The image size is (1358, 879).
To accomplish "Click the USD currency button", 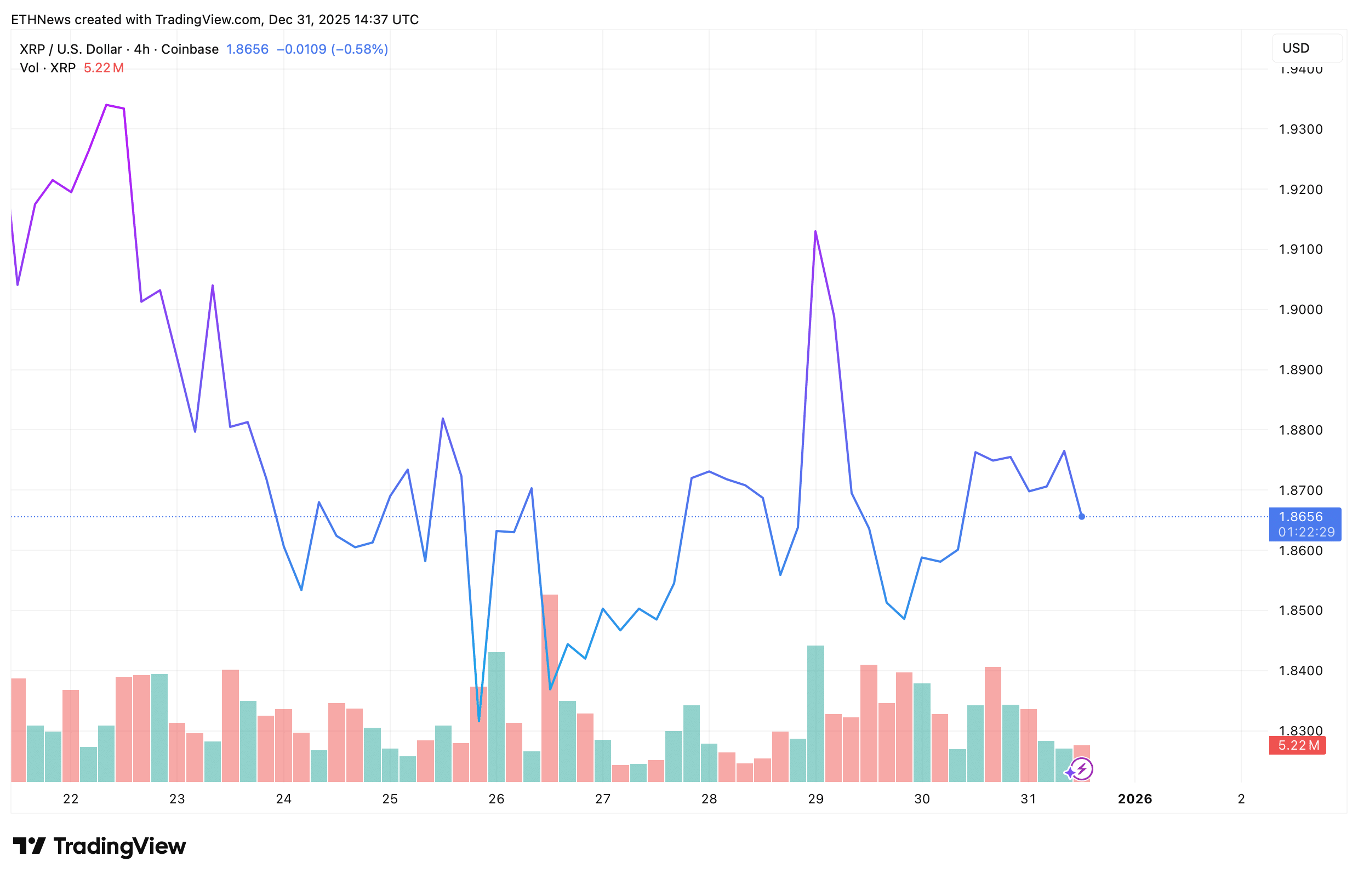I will [x=1306, y=48].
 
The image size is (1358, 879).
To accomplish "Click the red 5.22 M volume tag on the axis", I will [x=1298, y=745].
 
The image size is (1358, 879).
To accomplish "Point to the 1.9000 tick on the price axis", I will [x=1300, y=310].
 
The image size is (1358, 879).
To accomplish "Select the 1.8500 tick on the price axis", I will [x=1300, y=610].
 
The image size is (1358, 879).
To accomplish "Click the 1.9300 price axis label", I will [x=1300, y=129].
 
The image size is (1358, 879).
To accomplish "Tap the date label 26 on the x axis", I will [x=497, y=799].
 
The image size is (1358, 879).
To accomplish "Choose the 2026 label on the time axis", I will [x=1135, y=799].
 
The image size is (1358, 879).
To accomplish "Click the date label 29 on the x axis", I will [x=815, y=799].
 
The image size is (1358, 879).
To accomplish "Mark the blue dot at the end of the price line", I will [x=1082, y=517].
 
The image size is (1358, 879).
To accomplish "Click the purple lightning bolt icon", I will [x=1082, y=769].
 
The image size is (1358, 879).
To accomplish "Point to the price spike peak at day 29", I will [x=815, y=232].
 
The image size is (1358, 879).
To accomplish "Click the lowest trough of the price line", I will [x=479, y=721].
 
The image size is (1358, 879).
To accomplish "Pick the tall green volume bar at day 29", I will [x=815, y=713].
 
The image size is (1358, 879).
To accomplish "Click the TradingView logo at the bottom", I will [x=99, y=846].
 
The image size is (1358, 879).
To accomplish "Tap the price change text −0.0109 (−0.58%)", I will [x=332, y=49].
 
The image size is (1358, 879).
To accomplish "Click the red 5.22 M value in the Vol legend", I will [x=103, y=68].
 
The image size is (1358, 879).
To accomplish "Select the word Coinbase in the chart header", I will [x=190, y=49].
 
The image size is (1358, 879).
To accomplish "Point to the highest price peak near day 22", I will [x=107, y=105].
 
